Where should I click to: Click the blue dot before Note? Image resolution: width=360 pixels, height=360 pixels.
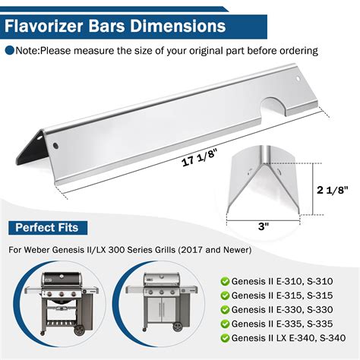click(10, 51)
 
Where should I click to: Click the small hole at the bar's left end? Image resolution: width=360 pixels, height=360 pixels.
click(54, 142)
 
